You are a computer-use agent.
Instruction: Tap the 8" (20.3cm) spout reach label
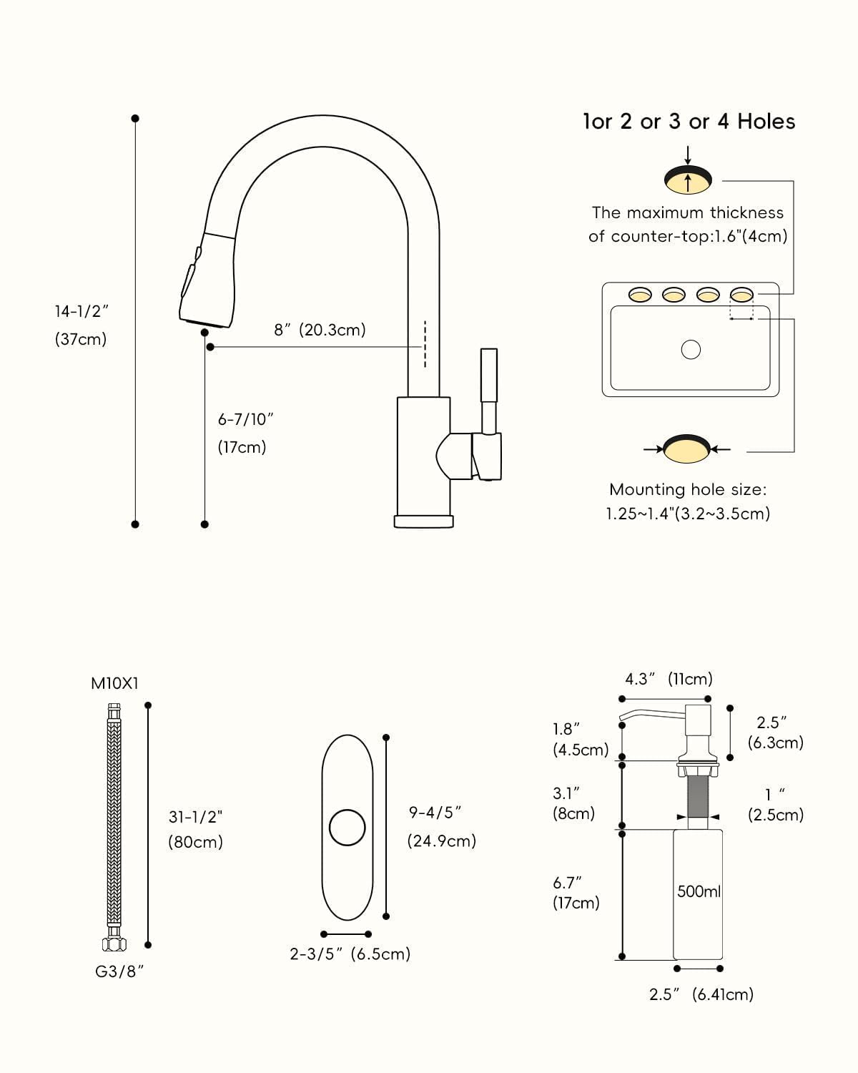point(320,330)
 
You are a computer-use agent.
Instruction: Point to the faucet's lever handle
point(488,393)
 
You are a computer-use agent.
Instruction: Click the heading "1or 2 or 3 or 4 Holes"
point(689,122)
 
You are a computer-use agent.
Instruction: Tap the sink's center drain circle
point(691,350)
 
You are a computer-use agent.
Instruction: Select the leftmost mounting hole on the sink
point(640,294)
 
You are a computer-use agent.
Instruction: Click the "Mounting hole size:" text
point(688,489)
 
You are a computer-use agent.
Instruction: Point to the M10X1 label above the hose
point(114,683)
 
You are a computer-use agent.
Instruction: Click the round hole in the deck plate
point(347,827)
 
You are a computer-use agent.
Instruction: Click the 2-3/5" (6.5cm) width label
point(350,954)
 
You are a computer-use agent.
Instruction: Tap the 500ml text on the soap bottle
point(699,891)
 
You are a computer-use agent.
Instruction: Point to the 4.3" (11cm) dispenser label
point(669,679)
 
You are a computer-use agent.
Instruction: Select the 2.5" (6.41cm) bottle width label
point(701,994)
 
